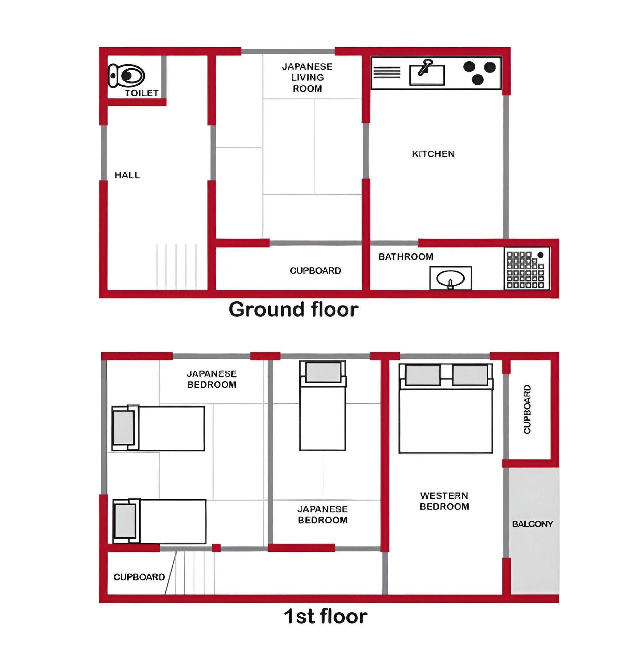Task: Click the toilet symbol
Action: point(126,76)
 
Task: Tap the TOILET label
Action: point(142,93)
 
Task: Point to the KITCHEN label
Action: point(433,154)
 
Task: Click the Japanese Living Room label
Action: point(307,77)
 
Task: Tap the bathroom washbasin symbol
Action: point(450,278)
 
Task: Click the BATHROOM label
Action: point(406,256)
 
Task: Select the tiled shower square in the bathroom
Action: point(527,268)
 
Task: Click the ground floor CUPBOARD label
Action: point(316,271)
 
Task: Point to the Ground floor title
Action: point(293,310)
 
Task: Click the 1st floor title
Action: point(326,616)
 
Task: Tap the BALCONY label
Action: point(532,524)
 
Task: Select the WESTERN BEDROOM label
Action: point(444,501)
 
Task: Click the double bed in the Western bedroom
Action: point(446,408)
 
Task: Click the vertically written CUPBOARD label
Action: point(527,409)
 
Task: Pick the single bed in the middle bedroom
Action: point(322,405)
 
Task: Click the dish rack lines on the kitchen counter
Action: point(387,72)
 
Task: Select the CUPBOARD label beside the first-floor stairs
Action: point(139,577)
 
